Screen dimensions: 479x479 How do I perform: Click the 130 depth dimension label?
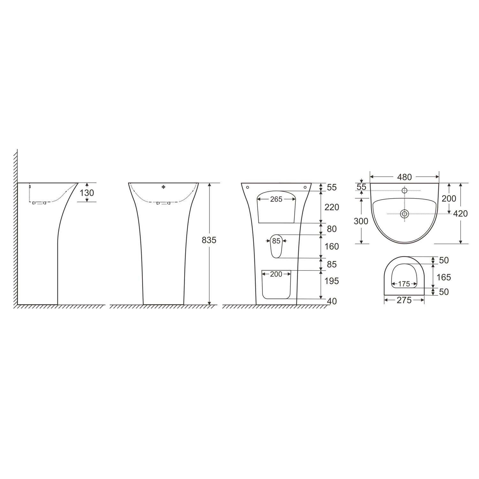click(x=87, y=193)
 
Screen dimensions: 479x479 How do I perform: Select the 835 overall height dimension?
click(x=209, y=240)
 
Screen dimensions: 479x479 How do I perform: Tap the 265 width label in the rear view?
click(x=276, y=199)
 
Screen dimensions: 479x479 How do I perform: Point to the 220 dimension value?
click(x=332, y=207)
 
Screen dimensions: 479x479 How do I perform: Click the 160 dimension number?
click(x=332, y=247)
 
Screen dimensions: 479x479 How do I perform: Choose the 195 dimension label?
click(x=332, y=281)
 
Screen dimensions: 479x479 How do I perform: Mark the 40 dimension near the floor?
click(x=332, y=301)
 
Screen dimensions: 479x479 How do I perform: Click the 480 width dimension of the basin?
click(x=405, y=177)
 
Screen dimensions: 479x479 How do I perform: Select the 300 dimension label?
click(x=361, y=221)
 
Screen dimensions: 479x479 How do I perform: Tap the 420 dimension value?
click(x=460, y=213)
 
